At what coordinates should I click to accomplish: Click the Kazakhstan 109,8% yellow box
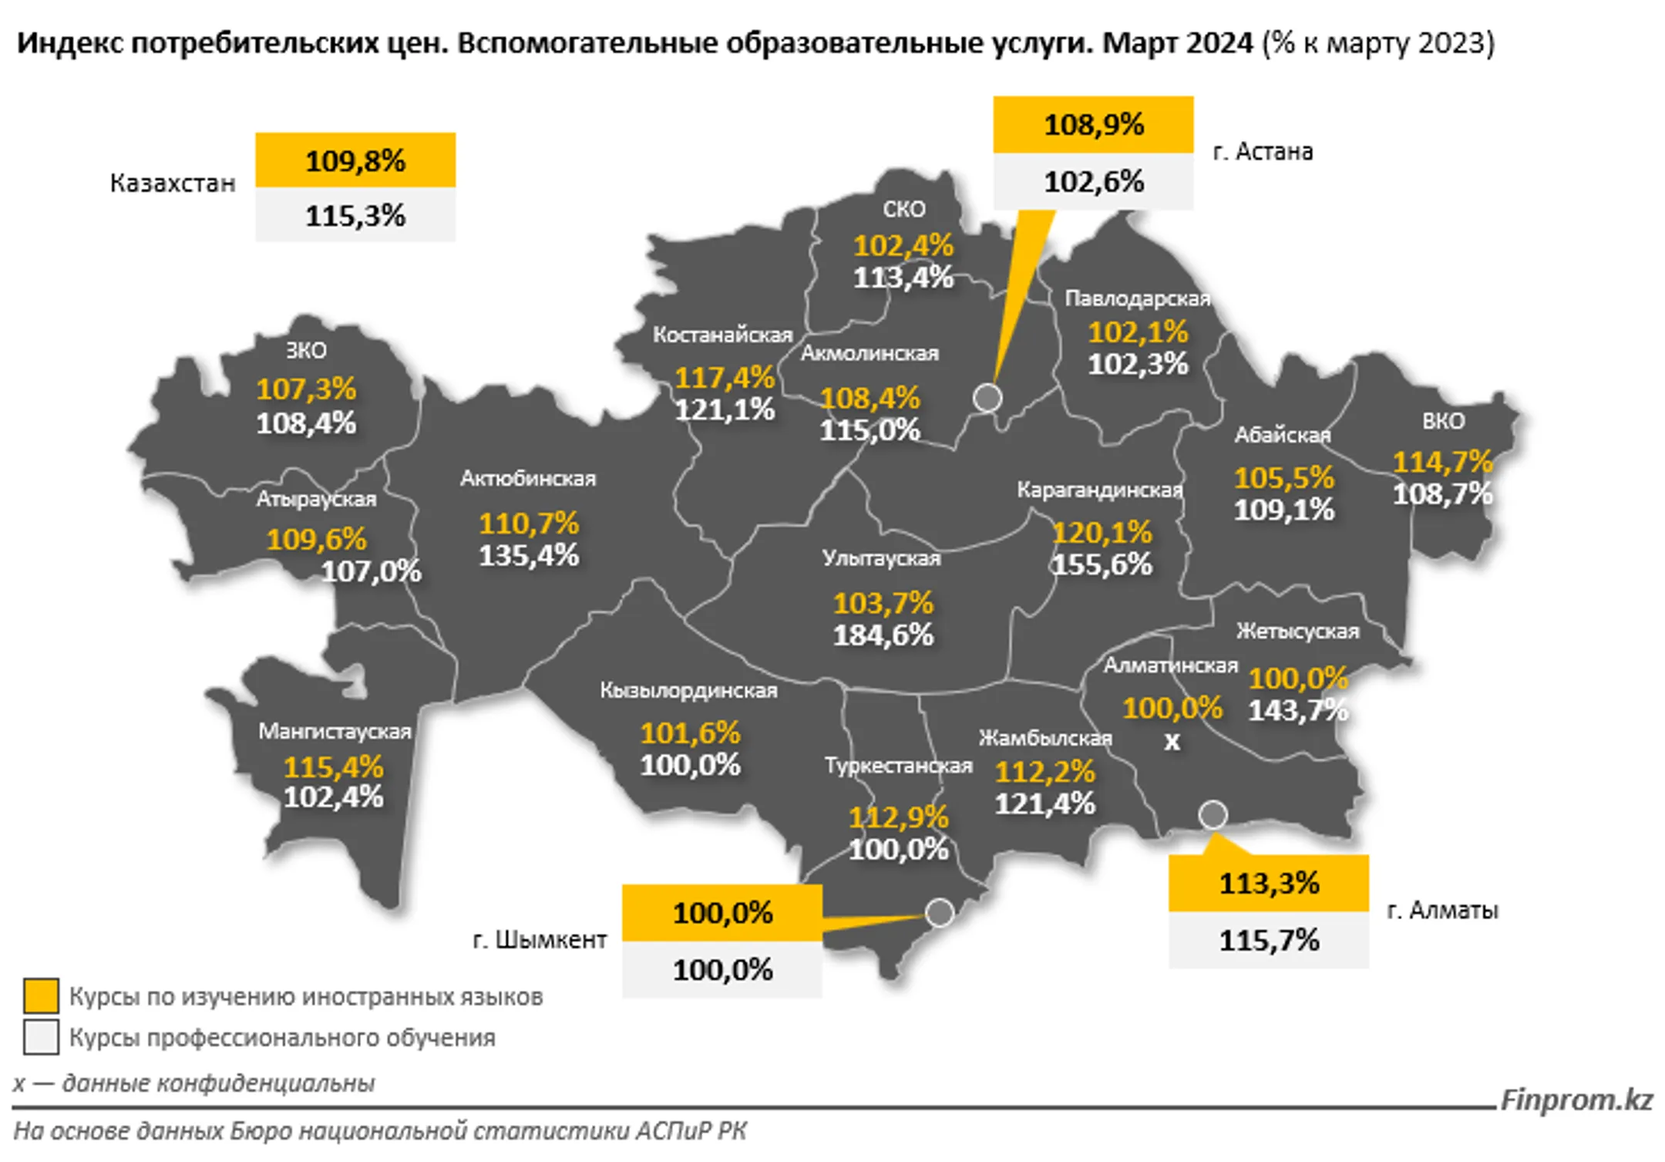(355, 160)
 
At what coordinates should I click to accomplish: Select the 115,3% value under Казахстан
(355, 216)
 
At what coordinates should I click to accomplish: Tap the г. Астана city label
(1263, 151)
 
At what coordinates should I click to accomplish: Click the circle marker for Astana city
(987, 398)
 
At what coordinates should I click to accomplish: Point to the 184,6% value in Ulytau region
(883, 635)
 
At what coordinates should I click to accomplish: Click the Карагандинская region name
(1099, 490)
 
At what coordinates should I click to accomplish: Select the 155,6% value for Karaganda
(1102, 564)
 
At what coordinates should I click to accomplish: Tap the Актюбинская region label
(528, 479)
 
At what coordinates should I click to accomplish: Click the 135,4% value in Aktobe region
(528, 555)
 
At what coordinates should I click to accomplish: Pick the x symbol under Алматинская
(1172, 742)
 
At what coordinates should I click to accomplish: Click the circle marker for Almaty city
(1213, 814)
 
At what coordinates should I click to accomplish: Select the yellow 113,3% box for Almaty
(1269, 883)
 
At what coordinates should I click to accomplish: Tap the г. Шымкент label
(540, 940)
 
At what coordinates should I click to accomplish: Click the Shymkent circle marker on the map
(940, 912)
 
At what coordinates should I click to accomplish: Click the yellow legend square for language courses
(41, 995)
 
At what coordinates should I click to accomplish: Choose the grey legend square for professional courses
(41, 1037)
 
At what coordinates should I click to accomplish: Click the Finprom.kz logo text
(1576, 1099)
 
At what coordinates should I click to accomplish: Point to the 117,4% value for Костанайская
(725, 378)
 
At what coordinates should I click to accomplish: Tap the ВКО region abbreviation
(1443, 421)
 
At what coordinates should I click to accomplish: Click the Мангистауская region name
(335, 731)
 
